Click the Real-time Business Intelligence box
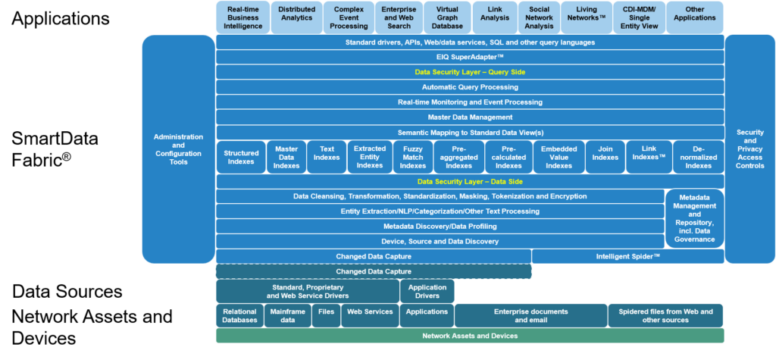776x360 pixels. tap(242, 17)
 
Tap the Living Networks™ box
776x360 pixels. tap(586, 17)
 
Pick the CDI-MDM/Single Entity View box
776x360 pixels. tap(640, 17)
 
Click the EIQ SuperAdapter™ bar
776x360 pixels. tap(470, 57)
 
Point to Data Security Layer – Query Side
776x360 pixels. tap(470, 72)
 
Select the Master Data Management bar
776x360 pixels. tap(470, 117)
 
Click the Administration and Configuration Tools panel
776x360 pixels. tap(178, 148)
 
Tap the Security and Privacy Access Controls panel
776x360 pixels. tap(749, 148)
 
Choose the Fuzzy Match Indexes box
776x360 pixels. tap(412, 157)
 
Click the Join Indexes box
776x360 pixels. tap(605, 157)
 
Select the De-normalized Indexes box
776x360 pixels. tap(698, 157)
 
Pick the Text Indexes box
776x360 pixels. tap(327, 157)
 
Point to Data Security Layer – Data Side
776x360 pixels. tap(470, 182)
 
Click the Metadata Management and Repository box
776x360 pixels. tap(694, 218)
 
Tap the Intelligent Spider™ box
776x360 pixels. tap(627, 256)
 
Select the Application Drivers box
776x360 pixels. tap(427, 291)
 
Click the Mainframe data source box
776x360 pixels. tap(286, 315)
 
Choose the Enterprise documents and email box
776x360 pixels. tap(530, 315)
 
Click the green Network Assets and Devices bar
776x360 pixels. tap(470, 335)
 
